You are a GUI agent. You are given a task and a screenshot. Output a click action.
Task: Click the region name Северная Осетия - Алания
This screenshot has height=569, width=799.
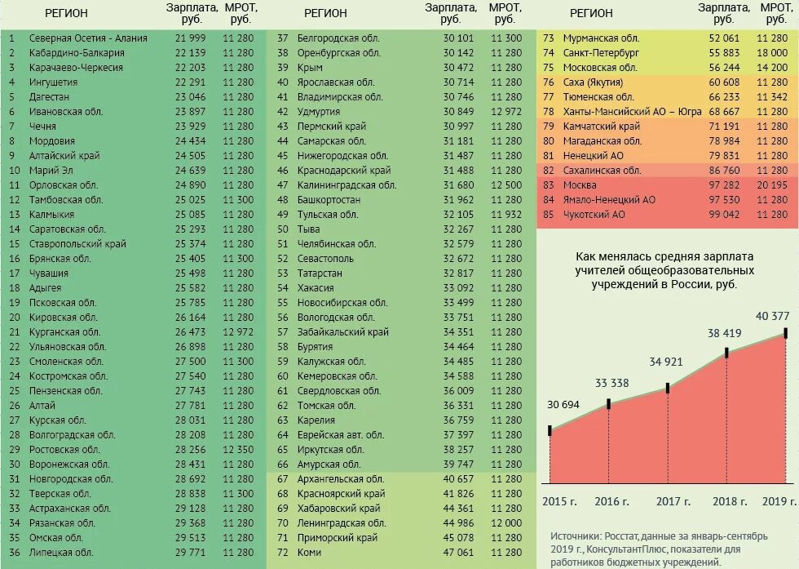(x=88, y=38)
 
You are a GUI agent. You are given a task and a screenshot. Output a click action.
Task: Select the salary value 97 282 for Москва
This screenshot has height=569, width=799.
(x=724, y=185)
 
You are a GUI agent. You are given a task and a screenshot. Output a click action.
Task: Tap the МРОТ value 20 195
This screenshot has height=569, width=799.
(x=772, y=185)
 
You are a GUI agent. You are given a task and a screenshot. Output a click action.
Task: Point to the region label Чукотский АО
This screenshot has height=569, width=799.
(x=594, y=215)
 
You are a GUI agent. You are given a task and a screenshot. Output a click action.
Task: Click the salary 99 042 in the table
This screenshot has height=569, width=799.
(x=724, y=215)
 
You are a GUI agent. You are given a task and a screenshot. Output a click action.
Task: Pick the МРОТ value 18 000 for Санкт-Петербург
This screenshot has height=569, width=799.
(x=772, y=53)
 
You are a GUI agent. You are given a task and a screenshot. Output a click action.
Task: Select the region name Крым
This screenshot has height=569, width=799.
(x=311, y=68)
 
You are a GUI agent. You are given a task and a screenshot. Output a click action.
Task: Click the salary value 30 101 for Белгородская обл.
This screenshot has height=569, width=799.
(x=457, y=38)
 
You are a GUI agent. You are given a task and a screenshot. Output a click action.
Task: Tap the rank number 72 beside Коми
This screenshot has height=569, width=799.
(x=283, y=553)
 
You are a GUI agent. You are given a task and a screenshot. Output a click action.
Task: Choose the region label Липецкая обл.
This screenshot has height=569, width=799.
(x=61, y=553)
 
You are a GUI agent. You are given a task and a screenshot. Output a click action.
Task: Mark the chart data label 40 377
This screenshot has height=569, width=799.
(x=772, y=316)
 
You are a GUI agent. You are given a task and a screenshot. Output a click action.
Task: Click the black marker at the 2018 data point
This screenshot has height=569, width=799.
(x=726, y=353)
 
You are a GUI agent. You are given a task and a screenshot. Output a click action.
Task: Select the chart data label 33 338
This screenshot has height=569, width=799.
(x=612, y=384)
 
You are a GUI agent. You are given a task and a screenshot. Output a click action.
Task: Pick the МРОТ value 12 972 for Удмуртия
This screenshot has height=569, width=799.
(x=507, y=112)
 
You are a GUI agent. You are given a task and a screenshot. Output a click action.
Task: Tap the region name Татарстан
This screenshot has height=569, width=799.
(x=321, y=273)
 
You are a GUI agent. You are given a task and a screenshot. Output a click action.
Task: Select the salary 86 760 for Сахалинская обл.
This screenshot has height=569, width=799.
(x=724, y=171)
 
